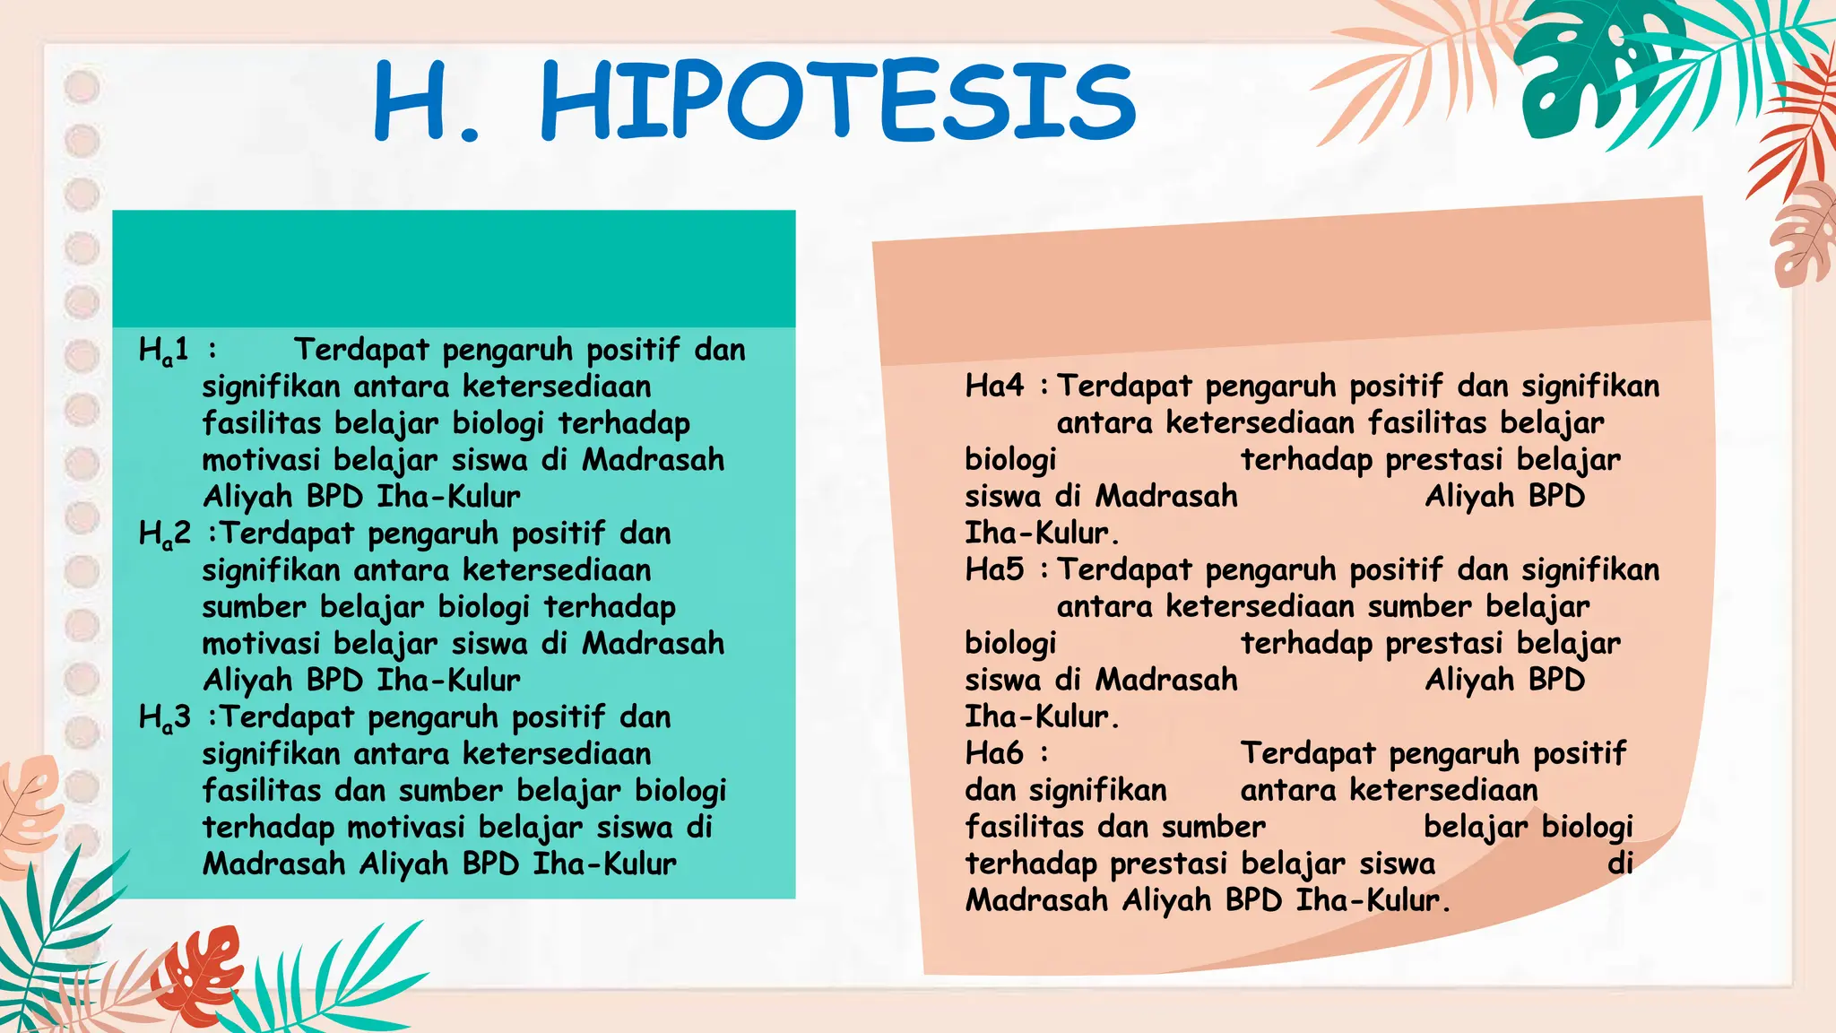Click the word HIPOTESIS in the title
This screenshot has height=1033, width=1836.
838,100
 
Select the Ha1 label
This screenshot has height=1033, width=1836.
163,350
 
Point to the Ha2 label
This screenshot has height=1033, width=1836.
164,534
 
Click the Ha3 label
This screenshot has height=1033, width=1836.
164,718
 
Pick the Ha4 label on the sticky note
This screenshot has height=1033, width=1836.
993,386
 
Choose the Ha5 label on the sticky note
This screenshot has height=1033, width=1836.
993,569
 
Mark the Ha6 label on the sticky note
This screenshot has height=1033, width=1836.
993,753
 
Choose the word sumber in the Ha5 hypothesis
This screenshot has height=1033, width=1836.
1420,607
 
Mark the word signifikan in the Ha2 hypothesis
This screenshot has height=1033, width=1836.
271,570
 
